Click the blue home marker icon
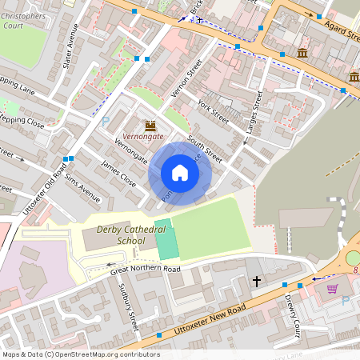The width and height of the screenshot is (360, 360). pos(180,173)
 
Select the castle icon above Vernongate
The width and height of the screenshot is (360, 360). pos(150,126)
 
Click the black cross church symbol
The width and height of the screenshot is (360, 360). pos(257,282)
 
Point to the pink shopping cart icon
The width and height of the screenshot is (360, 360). pos(332,289)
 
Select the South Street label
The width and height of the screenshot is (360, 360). pos(205,149)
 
